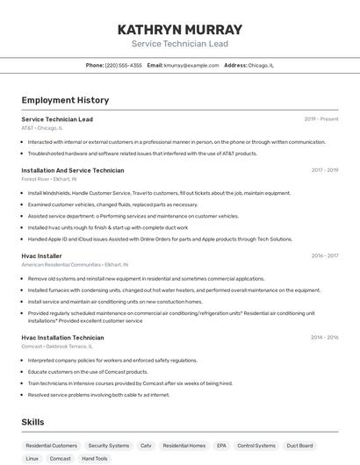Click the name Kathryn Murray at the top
[179, 30]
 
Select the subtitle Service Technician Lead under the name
[179, 44]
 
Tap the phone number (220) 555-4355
[123, 65]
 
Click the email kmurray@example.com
[191, 65]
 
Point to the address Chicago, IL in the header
[261, 65]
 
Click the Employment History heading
[65, 101]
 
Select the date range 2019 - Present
[320, 119]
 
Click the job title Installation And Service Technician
[73, 170]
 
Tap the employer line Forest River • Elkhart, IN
[49, 179]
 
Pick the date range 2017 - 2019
[324, 170]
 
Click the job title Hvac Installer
[41, 256]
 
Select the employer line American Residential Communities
[75, 264]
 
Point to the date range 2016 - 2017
[324, 256]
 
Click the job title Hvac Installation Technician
[62, 338]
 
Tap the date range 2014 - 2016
[324, 338]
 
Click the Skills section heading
[33, 422]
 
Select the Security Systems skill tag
[109, 446]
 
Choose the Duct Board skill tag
[299, 446]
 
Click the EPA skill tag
[221, 446]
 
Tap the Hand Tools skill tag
[94, 459]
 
